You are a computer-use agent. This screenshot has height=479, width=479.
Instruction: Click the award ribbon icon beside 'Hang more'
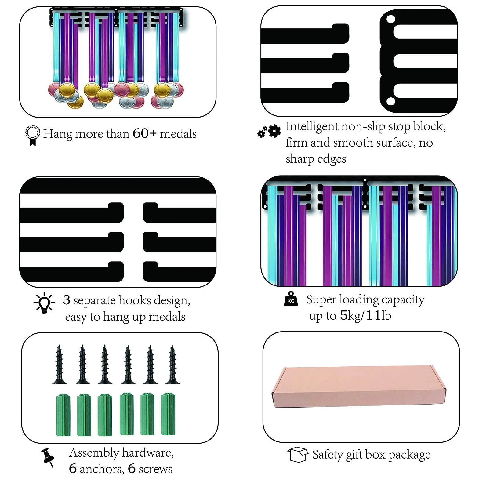coord(32,135)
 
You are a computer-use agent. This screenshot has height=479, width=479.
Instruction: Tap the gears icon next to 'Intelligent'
coord(269,132)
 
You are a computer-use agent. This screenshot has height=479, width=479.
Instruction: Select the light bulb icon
coord(44,303)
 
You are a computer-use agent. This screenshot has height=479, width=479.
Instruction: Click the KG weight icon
coord(291,299)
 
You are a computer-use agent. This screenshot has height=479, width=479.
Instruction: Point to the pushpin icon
coord(48,457)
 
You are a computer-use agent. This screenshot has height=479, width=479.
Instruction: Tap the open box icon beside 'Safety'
coord(297,455)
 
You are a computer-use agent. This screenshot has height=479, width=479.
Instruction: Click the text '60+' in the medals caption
coord(145,133)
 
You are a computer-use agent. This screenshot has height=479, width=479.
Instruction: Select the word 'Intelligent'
coord(312,126)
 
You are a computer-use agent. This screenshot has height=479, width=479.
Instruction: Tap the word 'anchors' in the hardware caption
coord(102,469)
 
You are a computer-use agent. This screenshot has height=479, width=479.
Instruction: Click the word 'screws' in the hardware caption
coord(155,469)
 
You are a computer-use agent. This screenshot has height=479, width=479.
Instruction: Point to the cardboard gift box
coord(359,386)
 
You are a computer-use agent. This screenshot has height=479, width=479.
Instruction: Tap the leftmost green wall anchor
coord(63,414)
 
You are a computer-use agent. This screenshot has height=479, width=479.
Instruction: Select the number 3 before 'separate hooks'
coord(66,300)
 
